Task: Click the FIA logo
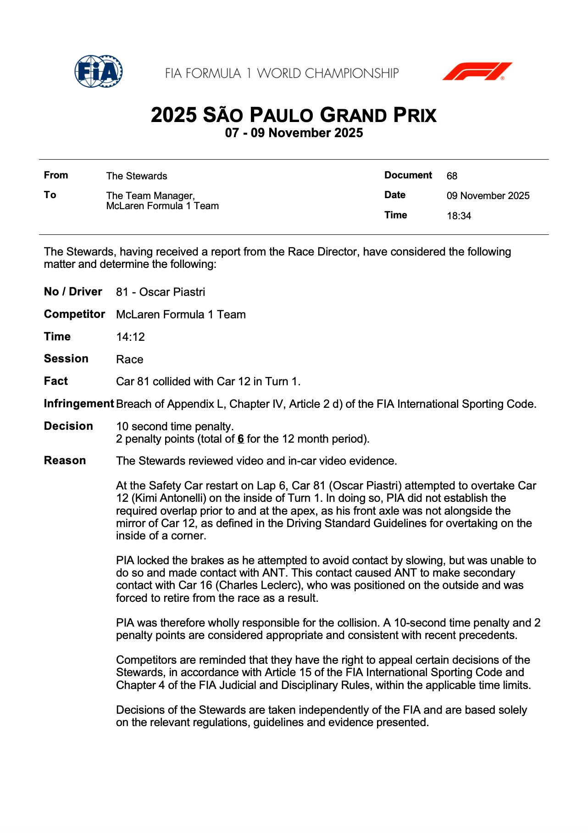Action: (x=98, y=71)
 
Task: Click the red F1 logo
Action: (x=477, y=72)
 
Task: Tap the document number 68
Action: (x=452, y=176)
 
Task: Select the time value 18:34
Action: (x=459, y=216)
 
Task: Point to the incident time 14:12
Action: (x=130, y=337)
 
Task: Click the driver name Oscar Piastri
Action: (x=172, y=292)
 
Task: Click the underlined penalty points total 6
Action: (x=241, y=439)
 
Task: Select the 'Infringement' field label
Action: (x=78, y=404)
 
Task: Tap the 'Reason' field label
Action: (x=65, y=461)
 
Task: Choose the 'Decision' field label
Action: (x=68, y=426)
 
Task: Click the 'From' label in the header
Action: (x=56, y=175)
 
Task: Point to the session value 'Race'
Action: (x=129, y=360)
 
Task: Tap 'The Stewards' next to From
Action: (x=136, y=176)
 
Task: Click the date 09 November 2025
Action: (x=488, y=196)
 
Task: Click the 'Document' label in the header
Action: (x=408, y=175)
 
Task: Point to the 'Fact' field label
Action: (x=56, y=381)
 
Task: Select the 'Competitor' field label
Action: (x=74, y=314)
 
